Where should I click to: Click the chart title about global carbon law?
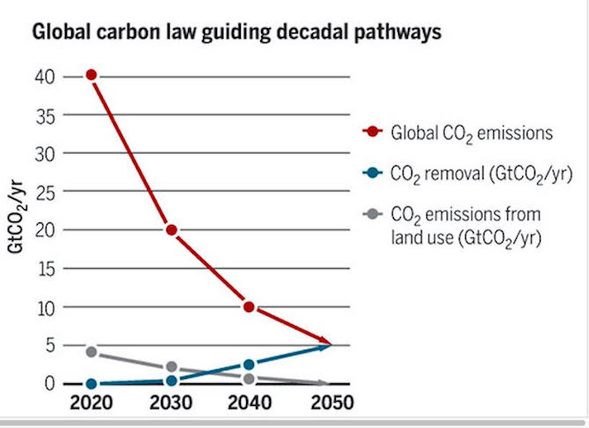click(x=236, y=33)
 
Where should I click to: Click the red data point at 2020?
click(x=91, y=76)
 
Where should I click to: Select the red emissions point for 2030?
click(x=171, y=230)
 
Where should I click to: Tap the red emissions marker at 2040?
click(x=250, y=307)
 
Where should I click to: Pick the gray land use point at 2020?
click(x=91, y=352)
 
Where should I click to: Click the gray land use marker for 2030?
click(x=171, y=366)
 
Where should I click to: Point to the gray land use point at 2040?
click(x=250, y=379)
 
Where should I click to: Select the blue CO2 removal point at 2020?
click(x=91, y=384)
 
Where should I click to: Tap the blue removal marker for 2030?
click(x=171, y=381)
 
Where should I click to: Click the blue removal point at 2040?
click(x=250, y=365)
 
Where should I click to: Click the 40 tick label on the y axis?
click(x=47, y=76)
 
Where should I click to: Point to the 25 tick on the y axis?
click(x=47, y=192)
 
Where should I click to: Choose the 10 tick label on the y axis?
click(x=47, y=308)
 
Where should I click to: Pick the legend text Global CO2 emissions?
click(x=470, y=134)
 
